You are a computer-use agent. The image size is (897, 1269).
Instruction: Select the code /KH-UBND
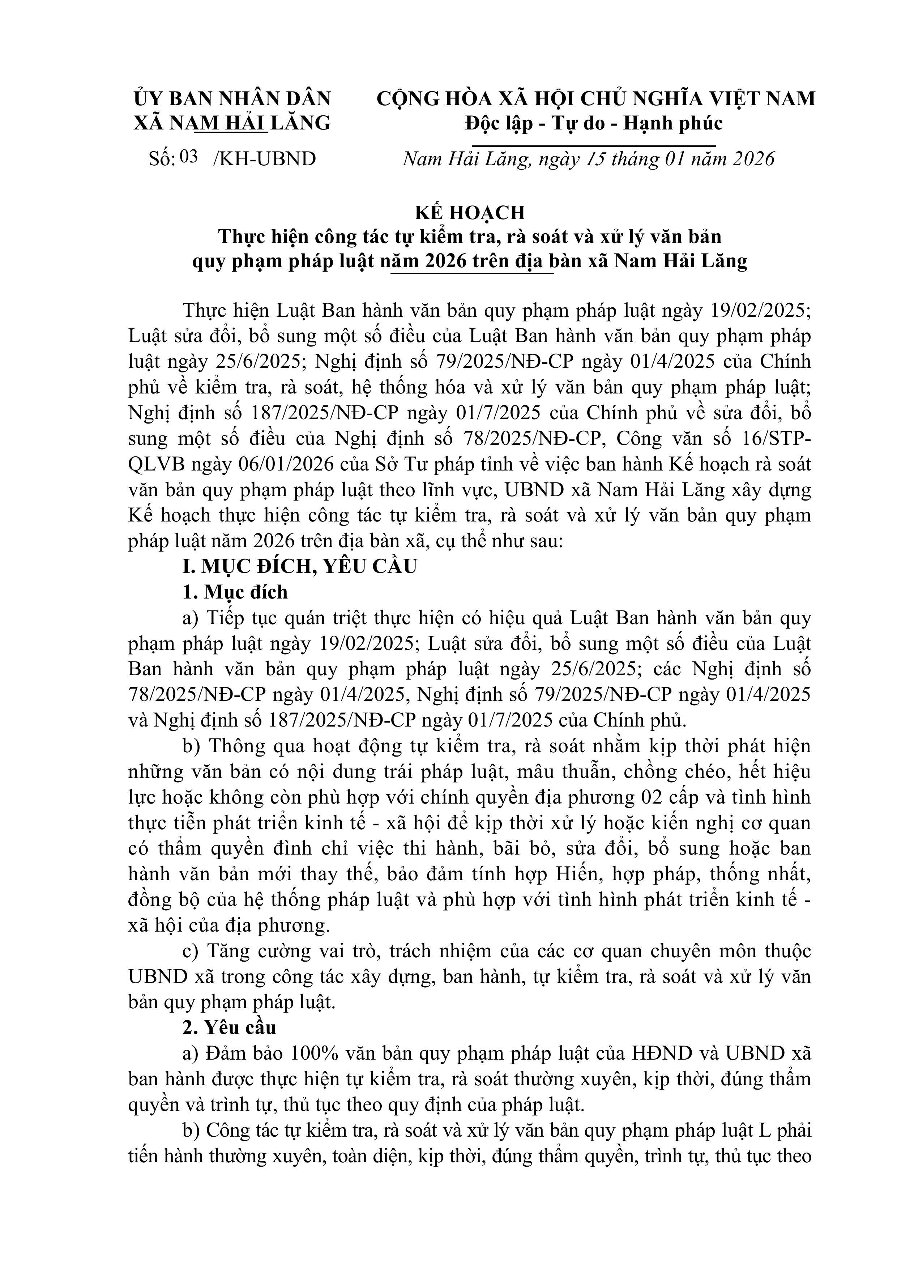264,159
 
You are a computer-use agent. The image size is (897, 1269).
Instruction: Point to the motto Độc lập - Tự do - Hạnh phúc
594,123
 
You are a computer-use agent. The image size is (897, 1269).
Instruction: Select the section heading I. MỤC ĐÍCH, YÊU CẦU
300,567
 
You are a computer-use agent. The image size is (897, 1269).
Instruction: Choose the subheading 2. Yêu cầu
229,1027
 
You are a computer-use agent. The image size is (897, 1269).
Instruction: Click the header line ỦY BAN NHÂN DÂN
232,99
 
